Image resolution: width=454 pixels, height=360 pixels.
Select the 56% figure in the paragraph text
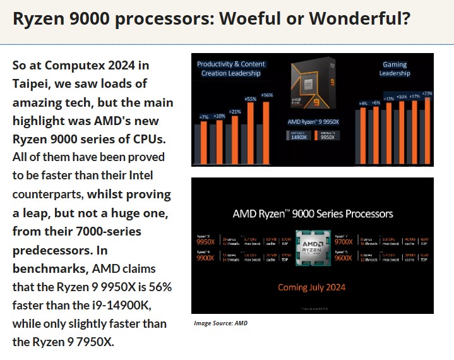point(158,287)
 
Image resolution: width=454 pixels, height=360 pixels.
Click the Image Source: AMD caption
point(220,323)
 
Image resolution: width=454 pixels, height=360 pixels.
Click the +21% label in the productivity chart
point(235,111)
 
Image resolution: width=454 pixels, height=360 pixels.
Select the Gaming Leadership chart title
point(395,68)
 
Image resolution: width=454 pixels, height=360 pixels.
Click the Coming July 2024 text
point(312,287)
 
